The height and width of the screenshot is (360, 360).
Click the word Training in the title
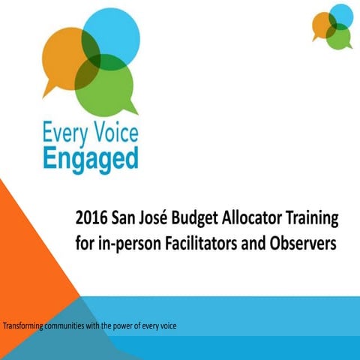coord(314,220)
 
